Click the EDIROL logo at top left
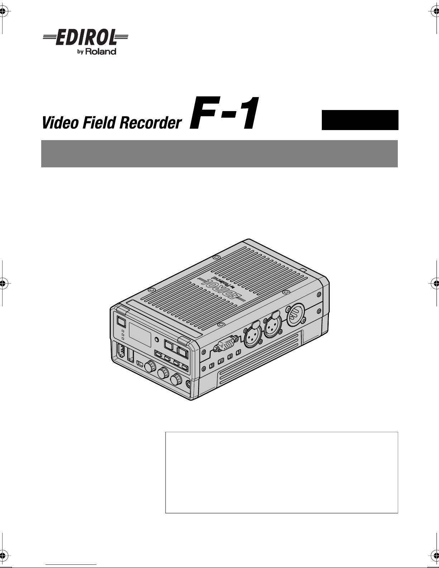(85, 37)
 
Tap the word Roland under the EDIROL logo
(101, 51)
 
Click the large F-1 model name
(224, 113)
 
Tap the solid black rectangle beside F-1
(360, 120)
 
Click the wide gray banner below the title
(219, 154)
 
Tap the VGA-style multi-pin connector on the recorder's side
(226, 344)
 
